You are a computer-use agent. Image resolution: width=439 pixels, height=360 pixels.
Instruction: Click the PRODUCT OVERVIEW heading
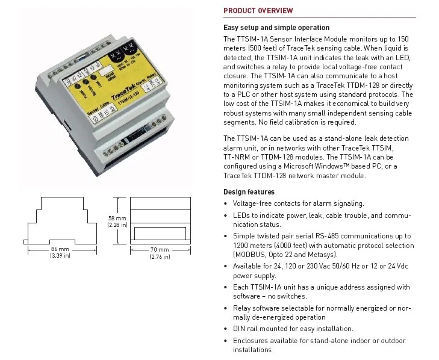click(258, 10)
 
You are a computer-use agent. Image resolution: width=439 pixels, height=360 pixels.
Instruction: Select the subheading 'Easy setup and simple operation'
click(276, 28)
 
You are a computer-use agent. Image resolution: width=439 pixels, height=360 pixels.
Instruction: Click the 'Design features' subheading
click(249, 192)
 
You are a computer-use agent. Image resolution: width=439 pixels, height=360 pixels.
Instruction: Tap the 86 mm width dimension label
click(60, 249)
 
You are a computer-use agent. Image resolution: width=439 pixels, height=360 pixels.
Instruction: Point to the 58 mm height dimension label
click(117, 218)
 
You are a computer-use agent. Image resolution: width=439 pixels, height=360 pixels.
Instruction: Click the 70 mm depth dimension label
click(160, 249)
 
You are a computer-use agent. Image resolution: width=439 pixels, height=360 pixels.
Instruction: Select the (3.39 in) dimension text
click(60, 256)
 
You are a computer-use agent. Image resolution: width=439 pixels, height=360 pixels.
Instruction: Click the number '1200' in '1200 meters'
click(241, 245)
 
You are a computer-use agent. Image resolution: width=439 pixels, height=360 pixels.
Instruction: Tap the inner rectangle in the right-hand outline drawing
click(160, 231)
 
